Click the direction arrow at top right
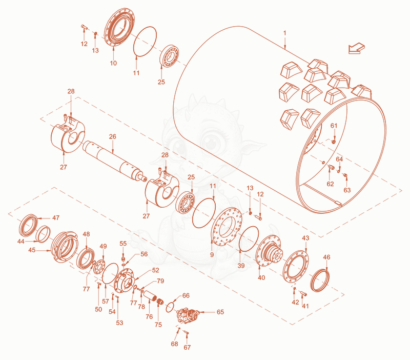(356, 48)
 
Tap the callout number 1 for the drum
(285, 33)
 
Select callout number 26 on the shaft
(112, 136)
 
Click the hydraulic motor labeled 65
(188, 315)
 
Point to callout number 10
(113, 63)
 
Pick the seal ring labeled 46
(320, 281)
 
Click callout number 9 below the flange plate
(212, 254)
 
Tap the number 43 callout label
(305, 238)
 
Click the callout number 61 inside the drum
(334, 126)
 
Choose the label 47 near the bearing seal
(56, 217)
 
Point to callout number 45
(32, 250)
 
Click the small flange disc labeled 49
(99, 267)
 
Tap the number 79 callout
(160, 281)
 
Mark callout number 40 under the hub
(261, 277)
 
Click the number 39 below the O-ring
(241, 266)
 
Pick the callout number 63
(347, 190)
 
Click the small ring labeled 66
(170, 307)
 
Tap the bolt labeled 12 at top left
(84, 26)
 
